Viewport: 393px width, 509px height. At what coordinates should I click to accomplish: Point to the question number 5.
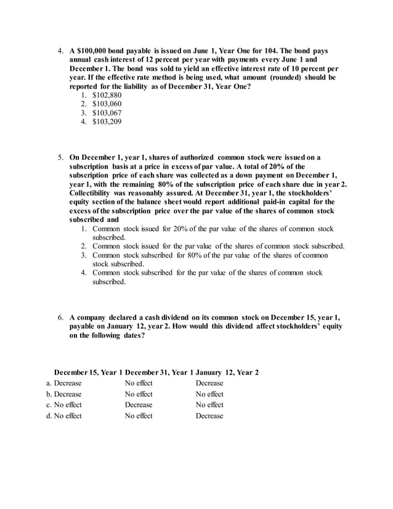pyautogui.click(x=61, y=158)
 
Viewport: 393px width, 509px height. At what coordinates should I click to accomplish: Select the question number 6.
pyautogui.click(x=61, y=317)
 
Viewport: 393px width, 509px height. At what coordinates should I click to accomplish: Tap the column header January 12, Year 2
pyautogui.click(x=227, y=372)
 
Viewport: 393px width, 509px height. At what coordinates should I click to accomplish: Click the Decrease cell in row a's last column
pyautogui.click(x=209, y=383)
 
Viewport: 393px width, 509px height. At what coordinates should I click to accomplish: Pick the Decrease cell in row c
pyautogui.click(x=139, y=405)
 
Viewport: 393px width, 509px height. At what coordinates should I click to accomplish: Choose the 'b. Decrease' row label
pyautogui.click(x=63, y=394)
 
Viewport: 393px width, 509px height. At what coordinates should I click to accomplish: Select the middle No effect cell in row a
pyautogui.click(x=139, y=383)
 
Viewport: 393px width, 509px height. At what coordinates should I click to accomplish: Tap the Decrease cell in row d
pyautogui.click(x=209, y=416)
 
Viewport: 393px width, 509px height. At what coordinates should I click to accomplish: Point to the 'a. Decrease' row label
pyautogui.click(x=63, y=383)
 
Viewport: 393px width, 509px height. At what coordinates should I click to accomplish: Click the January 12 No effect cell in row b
pyautogui.click(x=209, y=394)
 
